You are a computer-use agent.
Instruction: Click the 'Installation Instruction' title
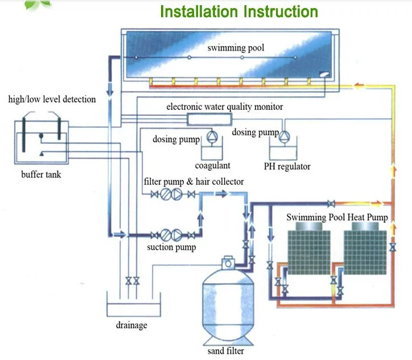tap(238, 11)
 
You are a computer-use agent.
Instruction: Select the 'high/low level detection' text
tap(52, 100)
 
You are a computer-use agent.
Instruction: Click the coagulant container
tap(212, 153)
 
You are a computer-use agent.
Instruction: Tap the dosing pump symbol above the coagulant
tap(212, 137)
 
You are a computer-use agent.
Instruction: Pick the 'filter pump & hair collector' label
tap(193, 181)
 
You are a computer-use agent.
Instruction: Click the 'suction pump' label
tap(171, 247)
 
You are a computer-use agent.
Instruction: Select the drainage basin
tap(131, 308)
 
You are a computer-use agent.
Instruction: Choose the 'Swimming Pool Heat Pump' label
tap(337, 217)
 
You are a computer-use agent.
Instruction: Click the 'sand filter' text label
tap(226, 350)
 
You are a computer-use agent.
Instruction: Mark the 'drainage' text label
tap(131, 325)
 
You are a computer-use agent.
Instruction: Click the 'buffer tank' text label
tap(41, 174)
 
